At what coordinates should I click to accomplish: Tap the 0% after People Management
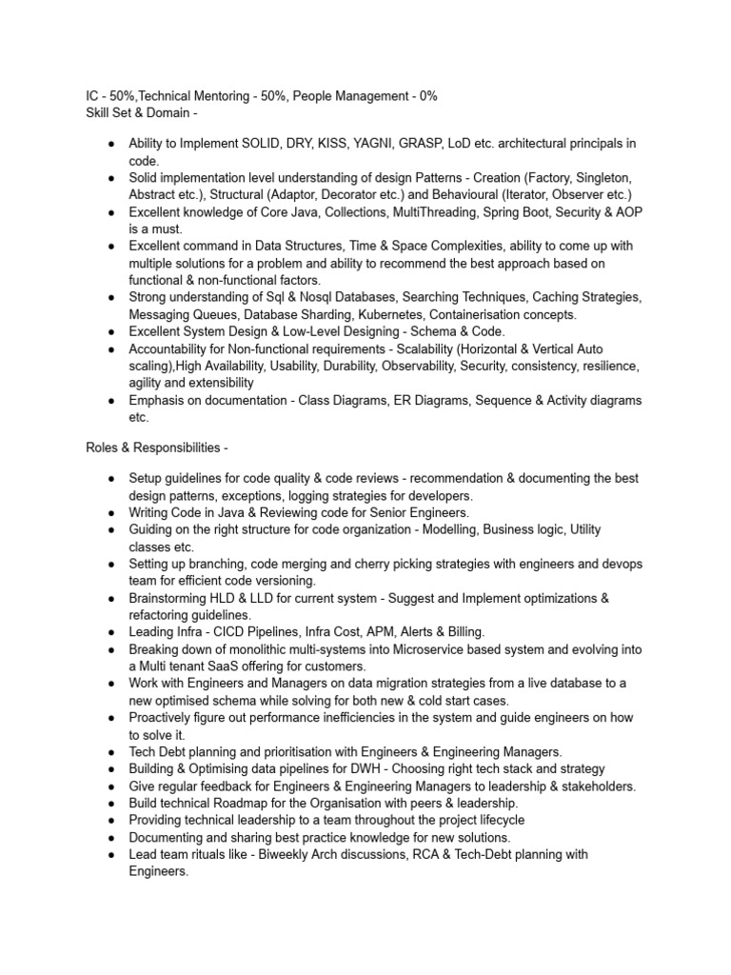click(x=425, y=96)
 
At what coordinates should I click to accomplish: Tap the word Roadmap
click(x=228, y=803)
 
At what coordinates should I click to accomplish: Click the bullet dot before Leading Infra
click(x=111, y=631)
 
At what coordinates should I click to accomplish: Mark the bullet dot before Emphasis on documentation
click(x=111, y=400)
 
